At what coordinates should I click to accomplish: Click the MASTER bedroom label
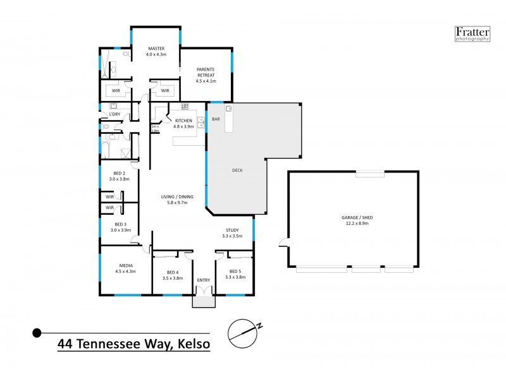(156, 49)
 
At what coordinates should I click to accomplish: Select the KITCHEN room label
(183, 120)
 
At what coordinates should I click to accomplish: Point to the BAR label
(216, 119)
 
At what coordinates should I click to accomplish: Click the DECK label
(237, 171)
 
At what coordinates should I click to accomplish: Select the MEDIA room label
(125, 265)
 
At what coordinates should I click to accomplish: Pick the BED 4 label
(173, 271)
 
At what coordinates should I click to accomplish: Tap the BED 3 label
(120, 224)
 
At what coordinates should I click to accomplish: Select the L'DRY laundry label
(114, 114)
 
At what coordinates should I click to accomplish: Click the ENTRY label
(204, 280)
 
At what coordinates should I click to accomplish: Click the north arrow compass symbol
(244, 330)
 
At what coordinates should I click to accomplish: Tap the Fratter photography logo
(472, 33)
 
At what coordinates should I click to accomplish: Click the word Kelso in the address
(190, 344)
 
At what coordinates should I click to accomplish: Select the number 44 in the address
(65, 344)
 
